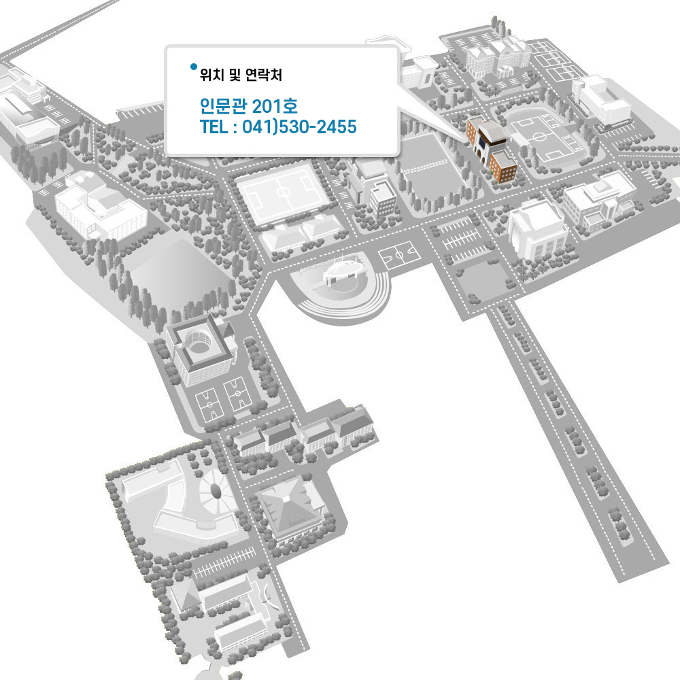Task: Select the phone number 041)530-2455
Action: (300, 126)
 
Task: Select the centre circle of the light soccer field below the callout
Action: (284, 194)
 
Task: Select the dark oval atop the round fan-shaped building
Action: (216, 489)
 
